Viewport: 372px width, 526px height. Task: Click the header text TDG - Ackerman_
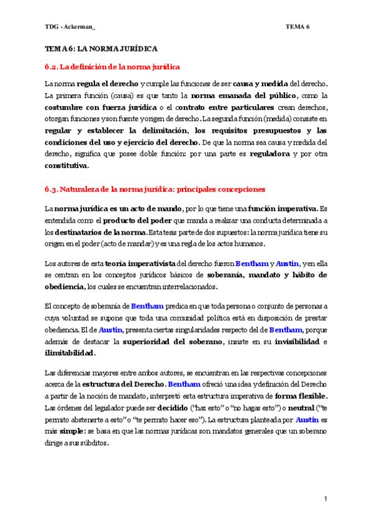click(x=69, y=27)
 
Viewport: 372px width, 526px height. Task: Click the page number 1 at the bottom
click(x=325, y=499)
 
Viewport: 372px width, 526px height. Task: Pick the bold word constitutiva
click(x=66, y=166)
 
